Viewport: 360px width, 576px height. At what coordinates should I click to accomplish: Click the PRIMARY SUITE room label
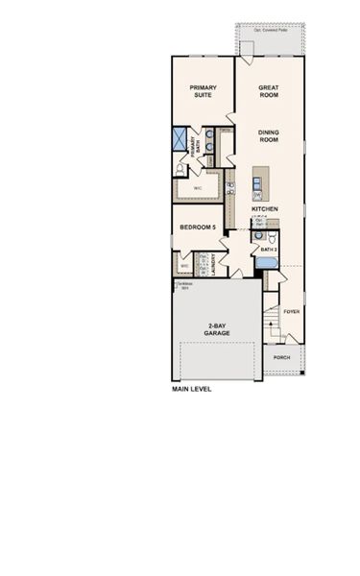pos(203,92)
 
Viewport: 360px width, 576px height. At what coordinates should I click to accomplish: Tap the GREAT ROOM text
pos(268,92)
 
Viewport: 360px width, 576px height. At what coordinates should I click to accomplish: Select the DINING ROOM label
pos(268,136)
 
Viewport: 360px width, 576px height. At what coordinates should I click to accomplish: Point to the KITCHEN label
pos(265,208)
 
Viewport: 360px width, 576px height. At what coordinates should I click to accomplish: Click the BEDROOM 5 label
pos(199,228)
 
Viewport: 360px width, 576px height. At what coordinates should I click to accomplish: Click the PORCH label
pos(281,357)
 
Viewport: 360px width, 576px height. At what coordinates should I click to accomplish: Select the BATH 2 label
pos(268,250)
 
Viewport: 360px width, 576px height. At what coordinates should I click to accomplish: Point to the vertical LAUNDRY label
pos(213,263)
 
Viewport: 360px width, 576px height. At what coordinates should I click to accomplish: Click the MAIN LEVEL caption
pos(191,390)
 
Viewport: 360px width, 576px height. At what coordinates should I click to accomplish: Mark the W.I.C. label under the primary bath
pos(197,188)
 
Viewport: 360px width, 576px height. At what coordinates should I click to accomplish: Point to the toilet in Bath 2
pos(273,235)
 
